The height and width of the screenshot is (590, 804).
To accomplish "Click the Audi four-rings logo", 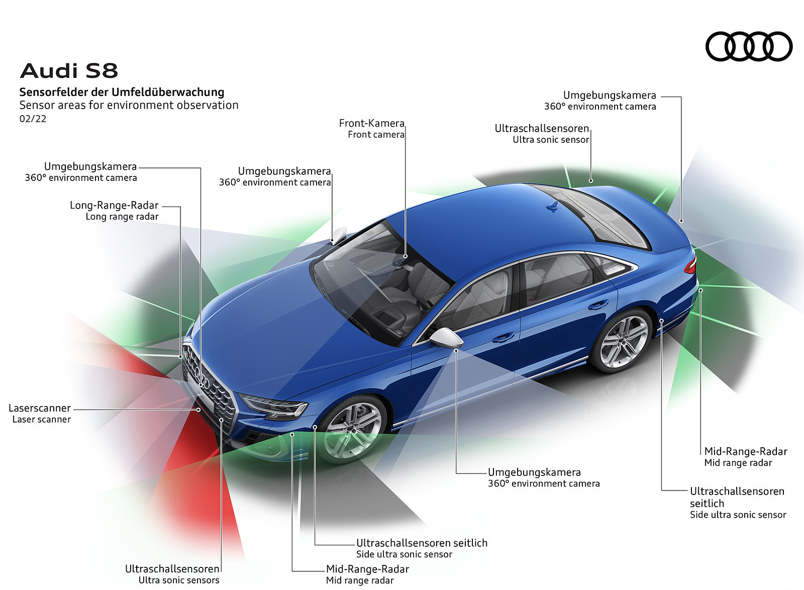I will (749, 47).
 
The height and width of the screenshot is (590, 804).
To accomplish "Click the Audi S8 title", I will (69, 71).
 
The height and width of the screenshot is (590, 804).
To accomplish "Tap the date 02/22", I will (33, 119).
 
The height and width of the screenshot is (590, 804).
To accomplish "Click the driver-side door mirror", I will (447, 337).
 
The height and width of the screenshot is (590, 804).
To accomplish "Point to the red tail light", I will (691, 264).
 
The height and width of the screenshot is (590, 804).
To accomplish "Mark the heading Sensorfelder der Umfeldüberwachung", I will (122, 92).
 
